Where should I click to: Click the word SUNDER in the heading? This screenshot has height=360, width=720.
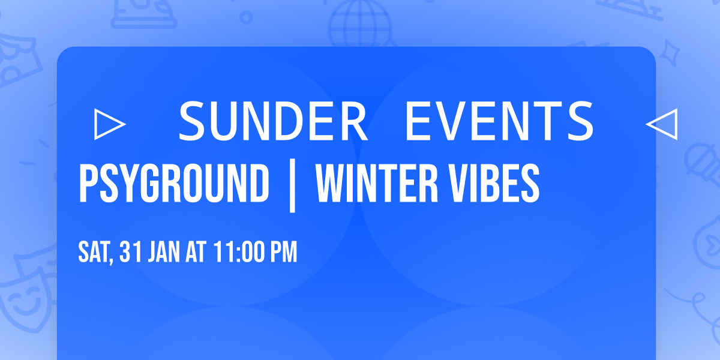274,121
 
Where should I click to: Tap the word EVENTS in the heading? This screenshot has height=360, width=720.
499,121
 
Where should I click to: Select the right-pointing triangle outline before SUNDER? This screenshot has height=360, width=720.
110,124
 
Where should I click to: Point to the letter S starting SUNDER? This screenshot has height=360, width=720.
193,121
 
